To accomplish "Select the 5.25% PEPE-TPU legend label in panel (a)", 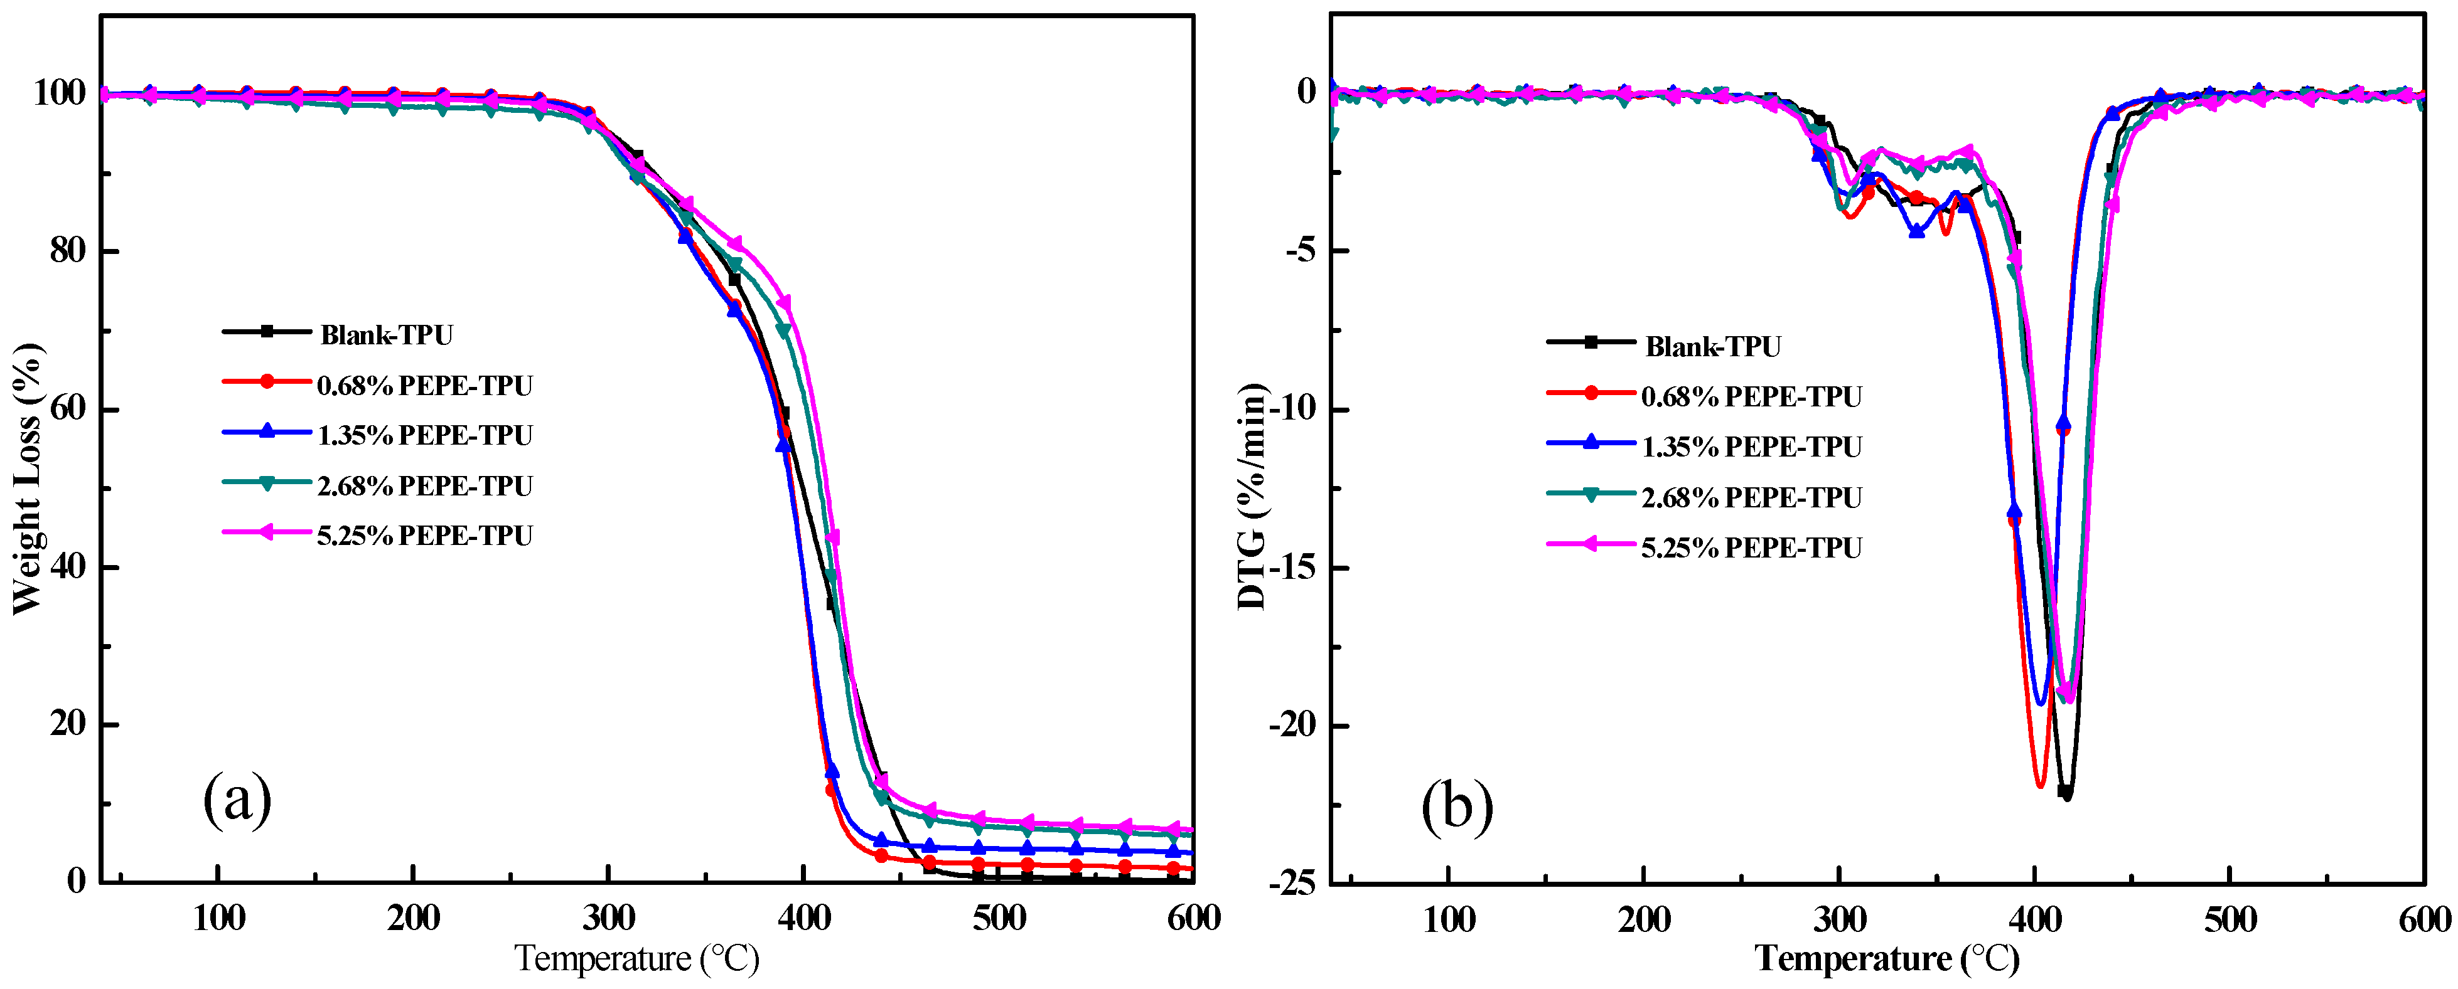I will pyautogui.click(x=424, y=536).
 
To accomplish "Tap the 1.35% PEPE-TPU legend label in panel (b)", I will pyautogui.click(x=1751, y=447).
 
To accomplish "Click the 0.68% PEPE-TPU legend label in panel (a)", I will pyautogui.click(x=424, y=385).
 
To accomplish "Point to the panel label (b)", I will pyautogui.click(x=1457, y=807).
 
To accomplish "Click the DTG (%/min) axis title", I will pyautogui.click(x=1252, y=496).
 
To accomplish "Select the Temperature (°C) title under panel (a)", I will pyautogui.click(x=636, y=958).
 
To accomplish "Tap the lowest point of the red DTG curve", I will pyautogui.click(x=2040, y=786).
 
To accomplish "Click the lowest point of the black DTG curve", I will pyautogui.click(x=2067, y=797).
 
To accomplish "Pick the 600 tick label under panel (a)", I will pyautogui.click(x=1193, y=918).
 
